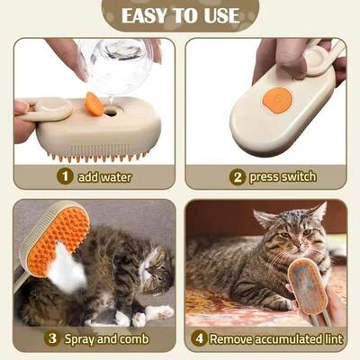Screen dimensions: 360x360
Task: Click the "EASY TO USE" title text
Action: pos(180,16)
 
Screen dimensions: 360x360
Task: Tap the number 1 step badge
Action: pos(65,176)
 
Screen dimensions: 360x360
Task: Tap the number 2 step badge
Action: pos(236,176)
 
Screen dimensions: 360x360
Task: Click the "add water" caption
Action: pos(104,176)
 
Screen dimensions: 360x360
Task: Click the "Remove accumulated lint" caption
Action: pos(274,339)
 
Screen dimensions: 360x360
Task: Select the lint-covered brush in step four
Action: pos(309,286)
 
